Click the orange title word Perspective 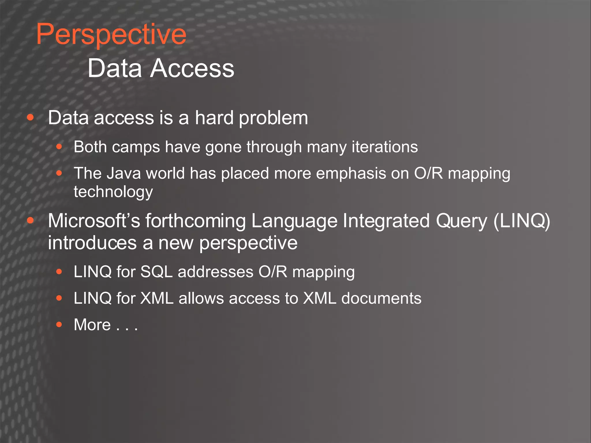coord(111,35)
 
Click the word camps coord(136,147)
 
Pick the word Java coord(124,173)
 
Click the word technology coord(113,192)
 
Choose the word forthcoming coord(195,221)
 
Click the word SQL coord(156,272)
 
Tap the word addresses coord(215,272)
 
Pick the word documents coord(381,298)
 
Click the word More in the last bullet coord(92,325)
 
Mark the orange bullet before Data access coord(30,117)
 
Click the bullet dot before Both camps coord(59,147)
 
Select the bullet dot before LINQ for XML coord(59,298)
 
